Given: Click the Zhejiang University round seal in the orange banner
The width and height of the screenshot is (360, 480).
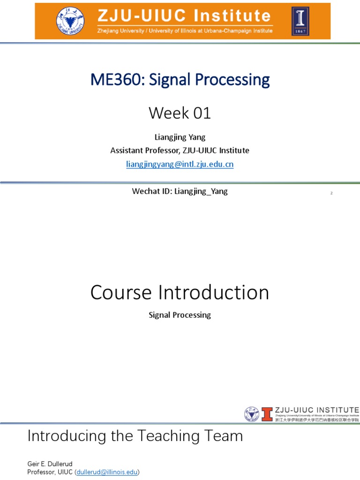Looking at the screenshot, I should coord(71,21).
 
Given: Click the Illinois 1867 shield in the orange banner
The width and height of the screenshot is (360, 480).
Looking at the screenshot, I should coord(300,21).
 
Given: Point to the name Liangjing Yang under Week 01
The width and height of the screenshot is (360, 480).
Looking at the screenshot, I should coord(180,137).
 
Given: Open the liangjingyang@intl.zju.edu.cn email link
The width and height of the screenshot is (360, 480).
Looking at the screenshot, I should coord(180,164).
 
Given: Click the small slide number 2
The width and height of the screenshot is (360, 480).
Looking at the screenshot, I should coord(331,193).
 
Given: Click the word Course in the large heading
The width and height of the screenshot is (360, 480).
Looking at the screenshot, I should coord(121,292).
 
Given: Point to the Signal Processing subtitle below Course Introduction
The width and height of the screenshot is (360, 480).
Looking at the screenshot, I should coord(180,315).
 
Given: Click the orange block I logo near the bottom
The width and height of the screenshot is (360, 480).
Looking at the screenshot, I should coord(267,414).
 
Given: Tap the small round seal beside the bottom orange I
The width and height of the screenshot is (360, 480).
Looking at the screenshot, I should coord(252,414).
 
